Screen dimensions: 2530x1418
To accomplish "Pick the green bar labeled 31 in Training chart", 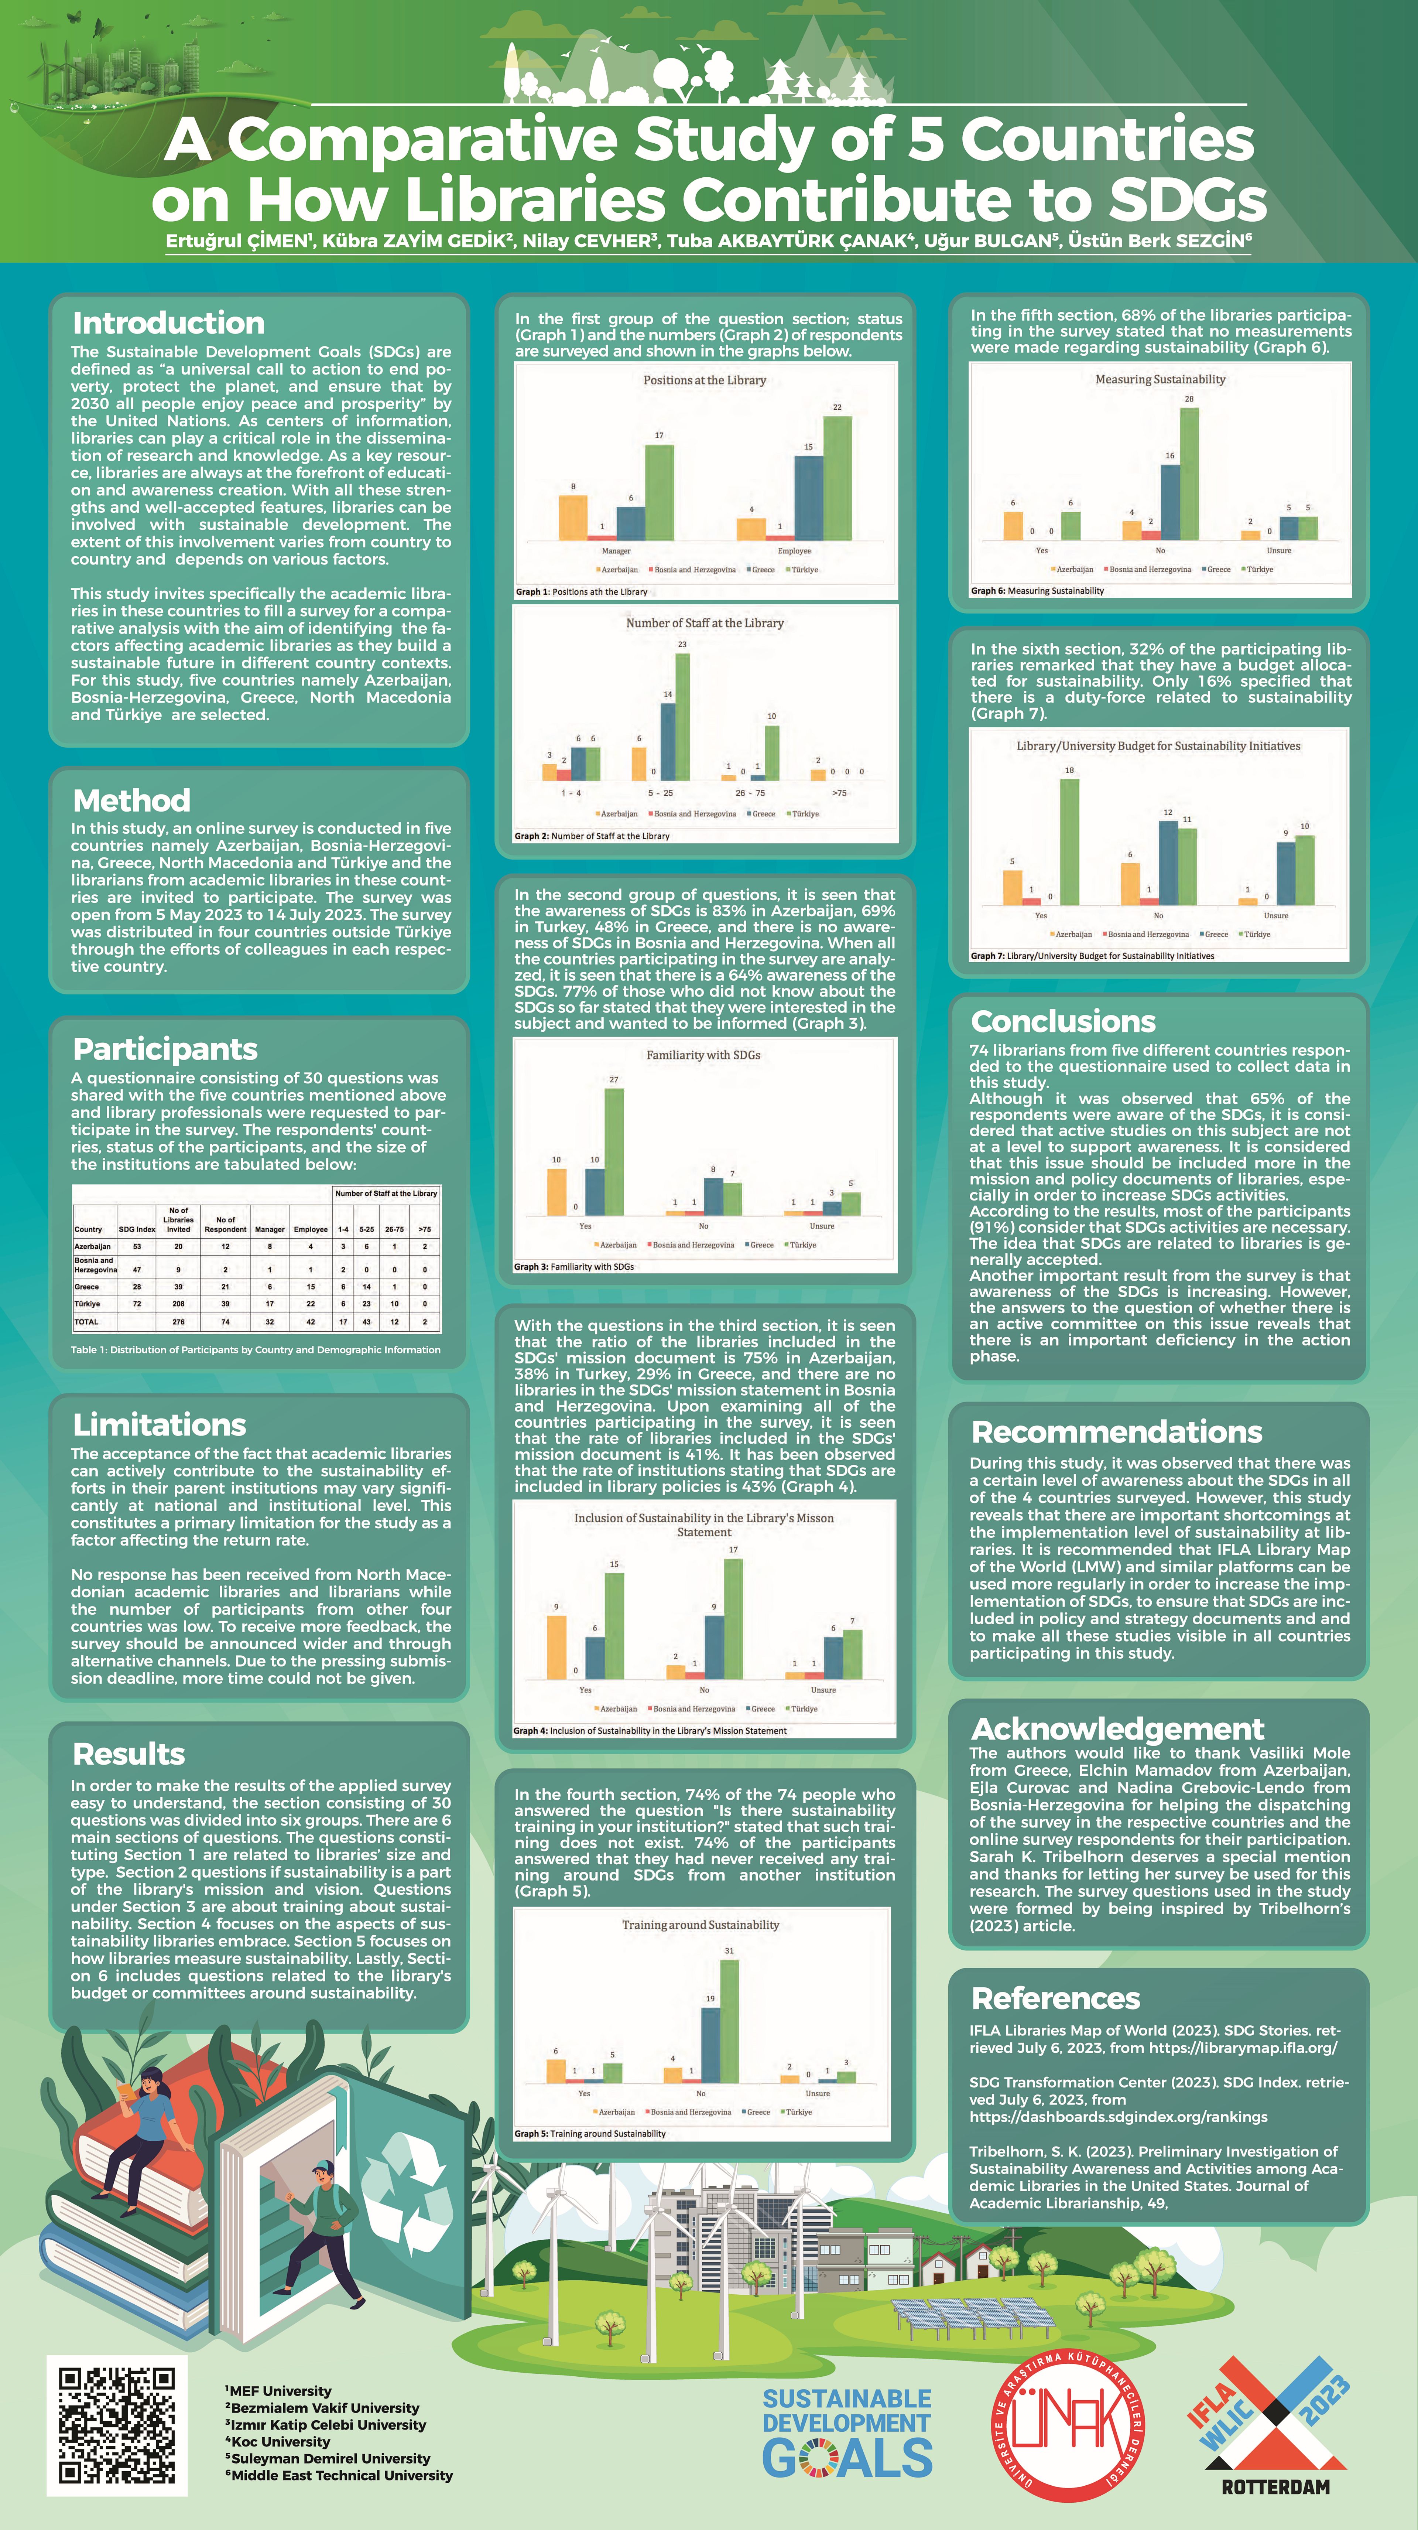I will point(729,2021).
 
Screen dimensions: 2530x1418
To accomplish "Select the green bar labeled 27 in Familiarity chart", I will point(614,1151).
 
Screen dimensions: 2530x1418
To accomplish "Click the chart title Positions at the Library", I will point(704,380).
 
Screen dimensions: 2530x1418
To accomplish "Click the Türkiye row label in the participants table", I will point(88,1303).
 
